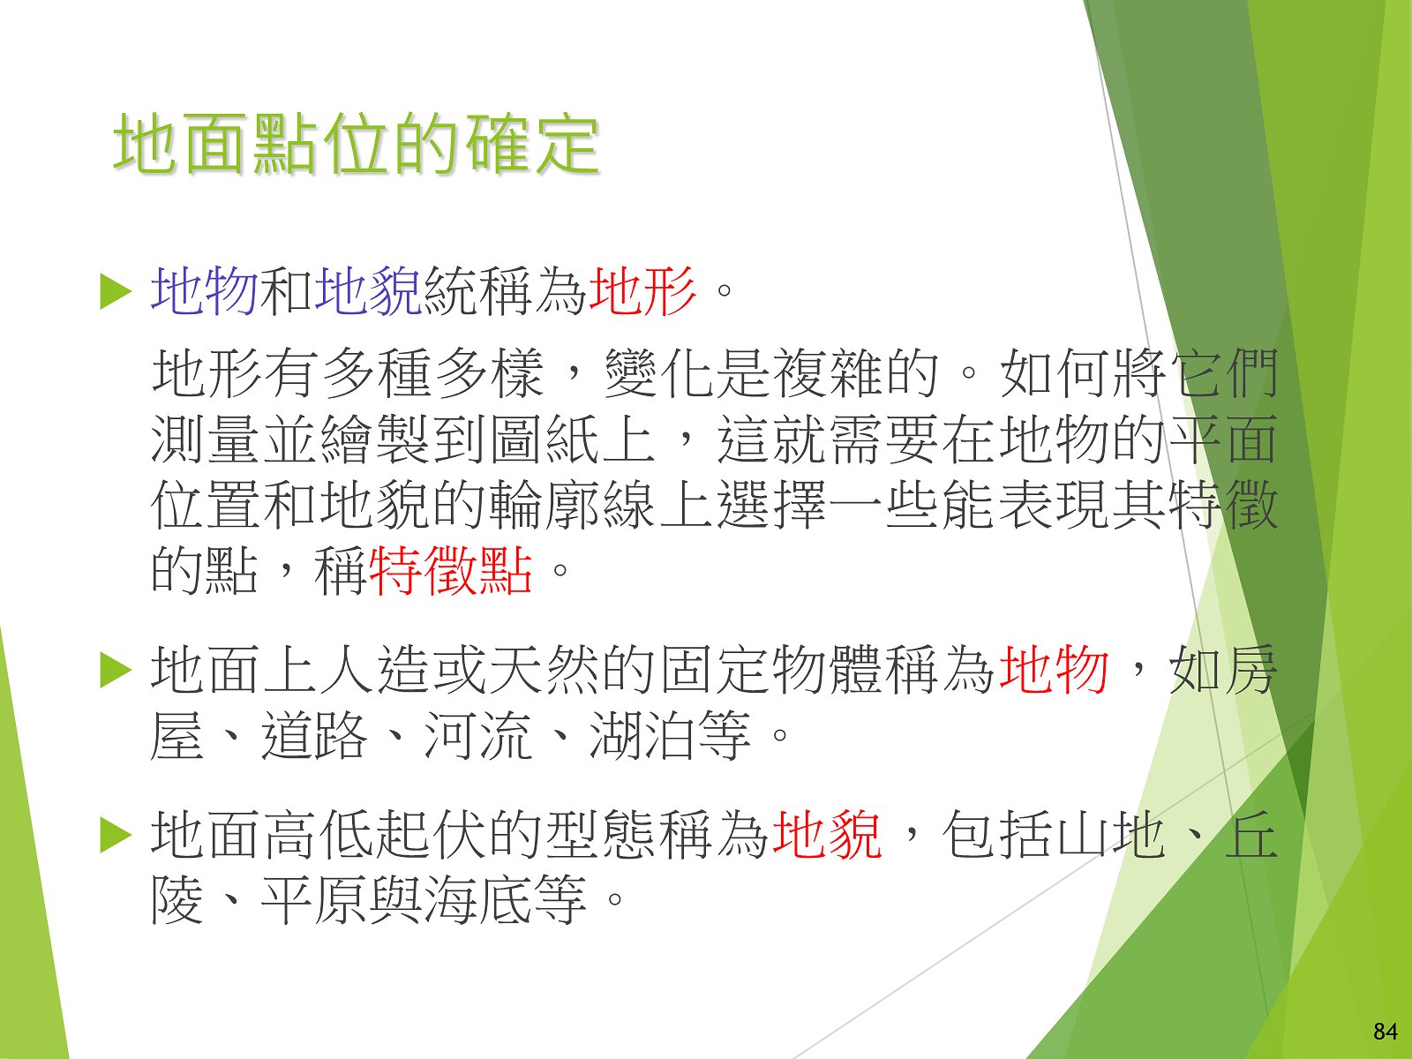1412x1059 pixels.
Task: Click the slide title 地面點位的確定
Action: (357, 144)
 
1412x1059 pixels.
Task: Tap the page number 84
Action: (1386, 1032)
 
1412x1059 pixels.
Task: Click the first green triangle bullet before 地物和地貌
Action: (116, 292)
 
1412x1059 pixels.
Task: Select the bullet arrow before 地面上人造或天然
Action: (116, 672)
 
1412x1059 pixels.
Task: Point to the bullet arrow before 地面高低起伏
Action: (116, 836)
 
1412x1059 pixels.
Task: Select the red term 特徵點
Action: (451, 570)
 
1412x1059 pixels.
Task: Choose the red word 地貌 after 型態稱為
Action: (827, 835)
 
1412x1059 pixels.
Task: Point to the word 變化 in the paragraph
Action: (658, 373)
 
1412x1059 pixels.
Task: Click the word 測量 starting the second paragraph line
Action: (205, 439)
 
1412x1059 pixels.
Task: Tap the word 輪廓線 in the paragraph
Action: (573, 505)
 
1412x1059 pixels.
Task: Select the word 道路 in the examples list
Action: (314, 736)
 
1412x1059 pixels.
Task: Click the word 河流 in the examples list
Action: (478, 736)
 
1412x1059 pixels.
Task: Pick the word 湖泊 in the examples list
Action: (642, 736)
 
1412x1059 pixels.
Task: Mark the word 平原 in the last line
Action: (314, 900)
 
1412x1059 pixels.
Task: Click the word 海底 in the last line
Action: (478, 900)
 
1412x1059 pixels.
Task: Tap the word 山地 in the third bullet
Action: (1112, 835)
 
